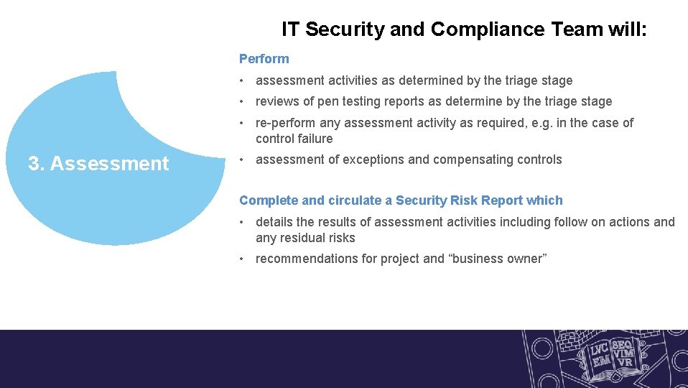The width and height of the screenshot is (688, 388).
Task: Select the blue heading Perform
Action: click(x=264, y=59)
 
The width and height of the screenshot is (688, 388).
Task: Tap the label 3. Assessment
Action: click(x=98, y=164)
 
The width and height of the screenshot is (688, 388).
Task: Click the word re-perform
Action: click(x=285, y=123)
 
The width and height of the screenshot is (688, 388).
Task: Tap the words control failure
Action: click(x=294, y=139)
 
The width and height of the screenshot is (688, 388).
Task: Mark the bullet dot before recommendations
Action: click(x=243, y=259)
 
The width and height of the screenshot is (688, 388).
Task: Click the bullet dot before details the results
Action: click(x=243, y=222)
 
